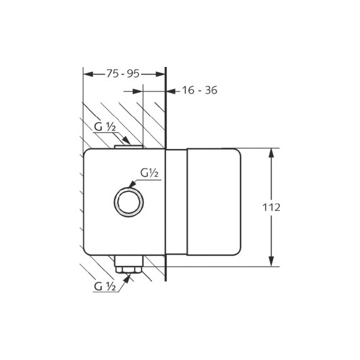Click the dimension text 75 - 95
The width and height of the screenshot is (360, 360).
pyautogui.click(x=123, y=74)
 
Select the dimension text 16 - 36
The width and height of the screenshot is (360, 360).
pyautogui.click(x=199, y=90)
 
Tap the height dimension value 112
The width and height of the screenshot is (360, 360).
pyautogui.click(x=272, y=207)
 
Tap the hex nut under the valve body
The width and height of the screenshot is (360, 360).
pyautogui.click(x=129, y=271)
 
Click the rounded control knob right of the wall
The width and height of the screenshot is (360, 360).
pyautogui.click(x=215, y=201)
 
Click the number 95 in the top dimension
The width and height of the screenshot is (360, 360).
pyautogui.click(x=133, y=74)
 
